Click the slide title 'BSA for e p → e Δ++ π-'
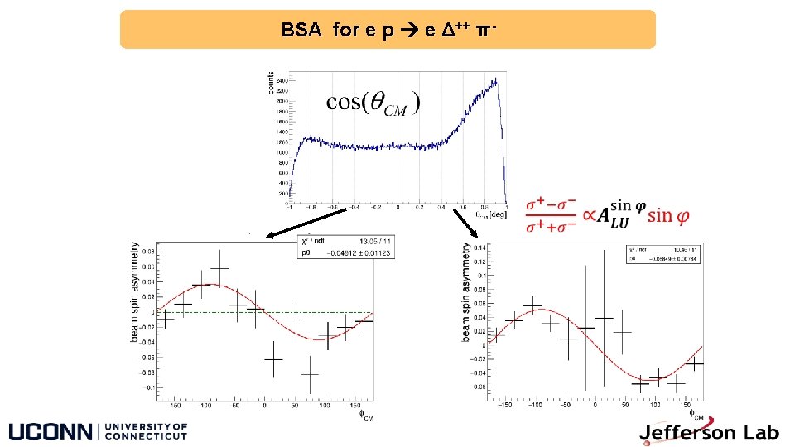tap(388, 31)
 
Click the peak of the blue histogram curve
tap(495, 80)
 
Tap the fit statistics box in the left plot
tap(345, 247)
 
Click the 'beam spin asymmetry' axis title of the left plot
tap(135, 292)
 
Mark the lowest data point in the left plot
tap(310, 374)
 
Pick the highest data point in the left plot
tap(219, 267)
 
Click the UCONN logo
tap(98, 431)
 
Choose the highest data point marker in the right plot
tap(532, 305)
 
